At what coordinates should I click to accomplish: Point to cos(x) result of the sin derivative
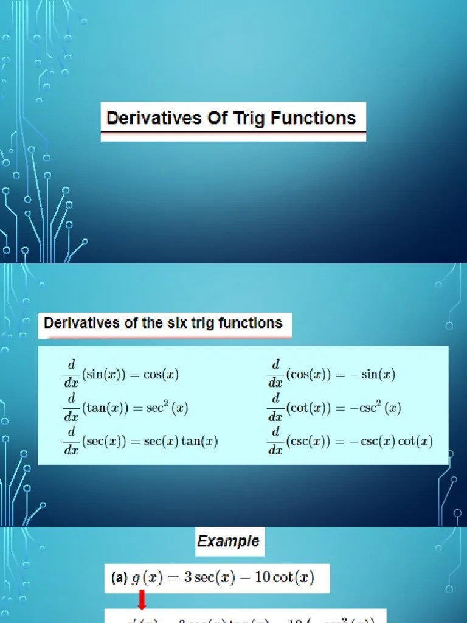pos(161,375)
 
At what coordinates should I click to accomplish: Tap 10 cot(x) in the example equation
pos(285,577)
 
